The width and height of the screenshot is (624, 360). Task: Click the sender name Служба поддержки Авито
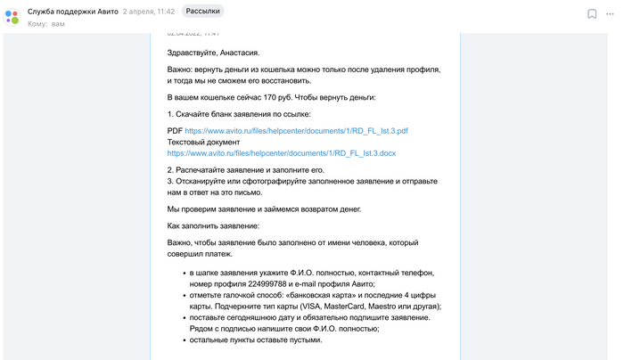(x=72, y=12)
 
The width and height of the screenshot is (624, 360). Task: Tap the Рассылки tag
(x=202, y=12)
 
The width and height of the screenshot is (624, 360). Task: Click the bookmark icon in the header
(x=592, y=14)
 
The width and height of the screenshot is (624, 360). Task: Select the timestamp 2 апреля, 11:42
(x=150, y=12)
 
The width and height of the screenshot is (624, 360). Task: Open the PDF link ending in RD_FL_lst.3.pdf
(x=297, y=131)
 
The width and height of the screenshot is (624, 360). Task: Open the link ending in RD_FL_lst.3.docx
(x=282, y=153)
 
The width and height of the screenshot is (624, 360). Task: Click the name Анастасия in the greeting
(x=234, y=53)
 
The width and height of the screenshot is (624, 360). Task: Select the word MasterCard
(x=348, y=307)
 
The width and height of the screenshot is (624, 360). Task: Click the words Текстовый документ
(x=204, y=142)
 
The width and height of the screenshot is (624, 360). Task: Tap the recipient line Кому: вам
(x=46, y=24)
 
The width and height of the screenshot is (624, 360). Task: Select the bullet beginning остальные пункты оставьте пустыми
(x=255, y=340)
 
